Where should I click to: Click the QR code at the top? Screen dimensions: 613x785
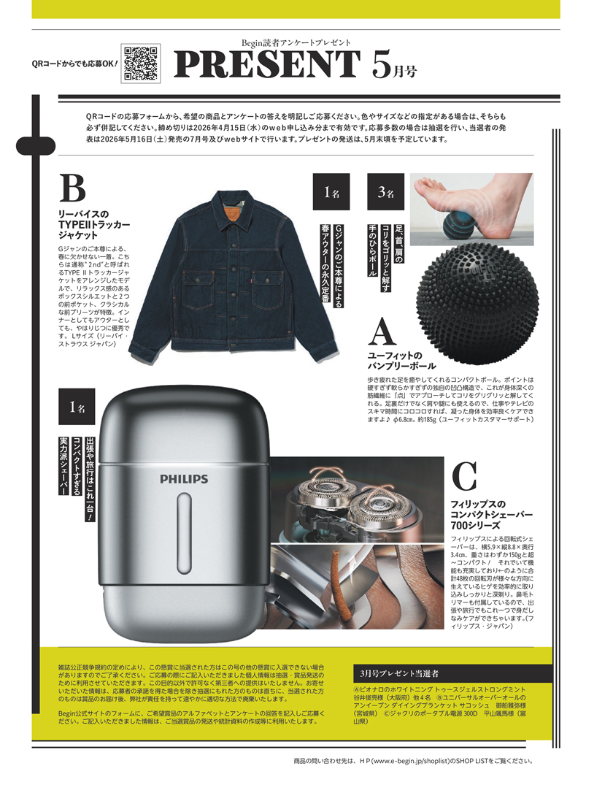pyautogui.click(x=141, y=63)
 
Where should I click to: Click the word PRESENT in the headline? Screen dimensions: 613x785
pyautogui.click(x=267, y=64)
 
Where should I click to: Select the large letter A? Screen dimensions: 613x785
pyautogui.click(x=382, y=332)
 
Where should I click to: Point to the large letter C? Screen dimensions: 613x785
pyautogui.click(x=464, y=476)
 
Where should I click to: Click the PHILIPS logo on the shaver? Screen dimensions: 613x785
pyautogui.click(x=184, y=479)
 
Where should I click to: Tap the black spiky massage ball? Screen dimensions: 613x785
pyautogui.click(x=478, y=304)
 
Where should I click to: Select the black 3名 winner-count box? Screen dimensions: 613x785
pyautogui.click(x=385, y=192)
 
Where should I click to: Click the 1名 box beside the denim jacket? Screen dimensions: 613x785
pyautogui.click(x=331, y=192)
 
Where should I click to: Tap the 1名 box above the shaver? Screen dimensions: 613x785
pyautogui.click(x=77, y=407)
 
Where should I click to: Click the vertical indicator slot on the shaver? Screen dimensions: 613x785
pyautogui.click(x=184, y=532)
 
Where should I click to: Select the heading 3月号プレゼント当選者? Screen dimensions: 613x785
pyautogui.click(x=399, y=673)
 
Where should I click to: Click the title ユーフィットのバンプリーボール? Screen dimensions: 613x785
pyautogui.click(x=401, y=361)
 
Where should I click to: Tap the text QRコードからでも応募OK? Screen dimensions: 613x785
pyautogui.click(x=74, y=64)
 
